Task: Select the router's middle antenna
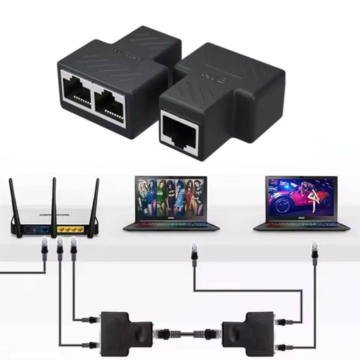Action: pos(54,205)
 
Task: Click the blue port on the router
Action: pos(44,229)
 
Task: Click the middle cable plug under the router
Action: pos(60,249)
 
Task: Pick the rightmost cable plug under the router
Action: pos(74,249)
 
